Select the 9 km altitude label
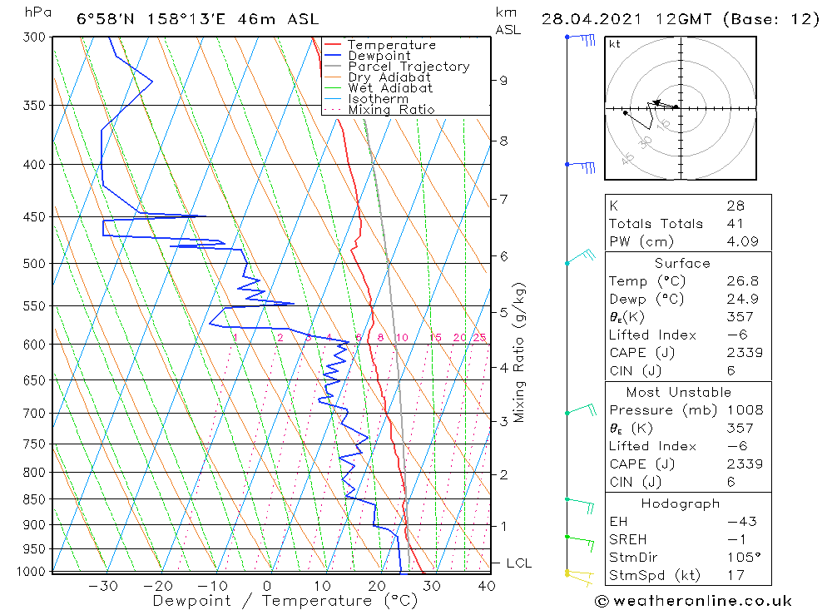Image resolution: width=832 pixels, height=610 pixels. coord(503,80)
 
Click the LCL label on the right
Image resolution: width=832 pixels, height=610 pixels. coord(518,563)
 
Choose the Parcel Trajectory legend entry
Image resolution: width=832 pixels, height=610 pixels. coord(409,67)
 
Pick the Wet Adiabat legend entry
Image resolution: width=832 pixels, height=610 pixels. coord(390,88)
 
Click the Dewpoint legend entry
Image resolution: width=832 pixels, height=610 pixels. coord(379,56)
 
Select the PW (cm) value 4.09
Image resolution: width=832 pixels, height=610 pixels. coord(740,241)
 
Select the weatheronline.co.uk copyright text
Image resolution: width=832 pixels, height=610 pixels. coord(693,601)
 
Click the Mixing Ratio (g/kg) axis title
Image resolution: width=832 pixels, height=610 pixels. coord(520,352)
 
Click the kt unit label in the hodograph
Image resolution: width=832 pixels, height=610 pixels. coord(615,44)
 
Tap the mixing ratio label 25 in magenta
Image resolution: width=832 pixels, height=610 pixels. coord(479,337)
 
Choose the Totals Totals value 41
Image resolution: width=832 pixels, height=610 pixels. coord(735,224)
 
